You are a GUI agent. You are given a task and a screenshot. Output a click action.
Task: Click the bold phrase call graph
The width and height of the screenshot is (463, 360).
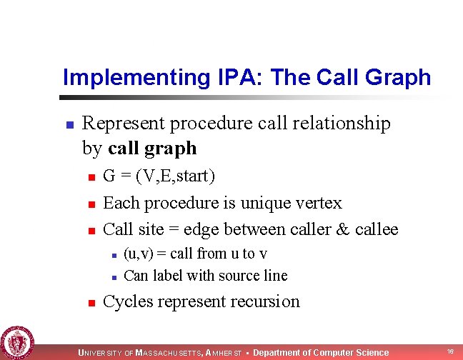152,148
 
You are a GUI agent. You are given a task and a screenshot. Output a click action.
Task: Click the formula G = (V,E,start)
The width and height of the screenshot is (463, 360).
159,176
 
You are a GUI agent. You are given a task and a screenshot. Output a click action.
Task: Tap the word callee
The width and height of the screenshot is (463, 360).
376,229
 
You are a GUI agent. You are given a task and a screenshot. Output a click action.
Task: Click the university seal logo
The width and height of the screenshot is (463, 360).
16,341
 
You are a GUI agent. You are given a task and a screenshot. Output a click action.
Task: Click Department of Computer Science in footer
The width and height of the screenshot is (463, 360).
321,353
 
